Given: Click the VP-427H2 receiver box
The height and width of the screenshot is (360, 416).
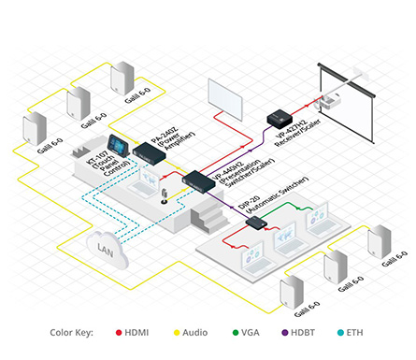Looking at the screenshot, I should click(x=280, y=119).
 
